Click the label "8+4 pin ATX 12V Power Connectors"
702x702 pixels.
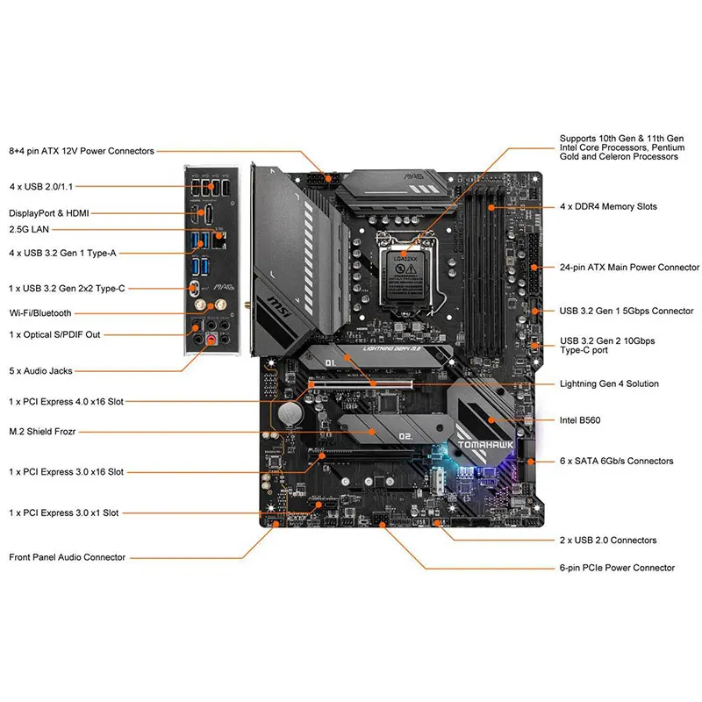pos(82,151)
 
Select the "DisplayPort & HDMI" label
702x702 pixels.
pos(48,212)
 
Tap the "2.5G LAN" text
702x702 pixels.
pos(29,229)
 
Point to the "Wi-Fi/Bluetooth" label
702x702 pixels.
pos(40,312)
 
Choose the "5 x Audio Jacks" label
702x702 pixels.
pos(40,371)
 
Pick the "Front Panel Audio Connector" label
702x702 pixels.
pos(67,556)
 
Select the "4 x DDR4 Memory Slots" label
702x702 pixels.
pos(609,206)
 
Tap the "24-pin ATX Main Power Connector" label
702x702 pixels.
pos(629,267)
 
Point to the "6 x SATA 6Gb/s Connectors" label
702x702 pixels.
pos(616,461)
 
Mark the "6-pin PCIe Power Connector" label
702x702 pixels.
pos(617,568)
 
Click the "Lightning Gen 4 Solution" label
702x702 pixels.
pos(609,383)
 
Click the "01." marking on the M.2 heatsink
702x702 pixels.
pos(332,362)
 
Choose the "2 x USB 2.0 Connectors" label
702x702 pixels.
pos(607,540)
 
